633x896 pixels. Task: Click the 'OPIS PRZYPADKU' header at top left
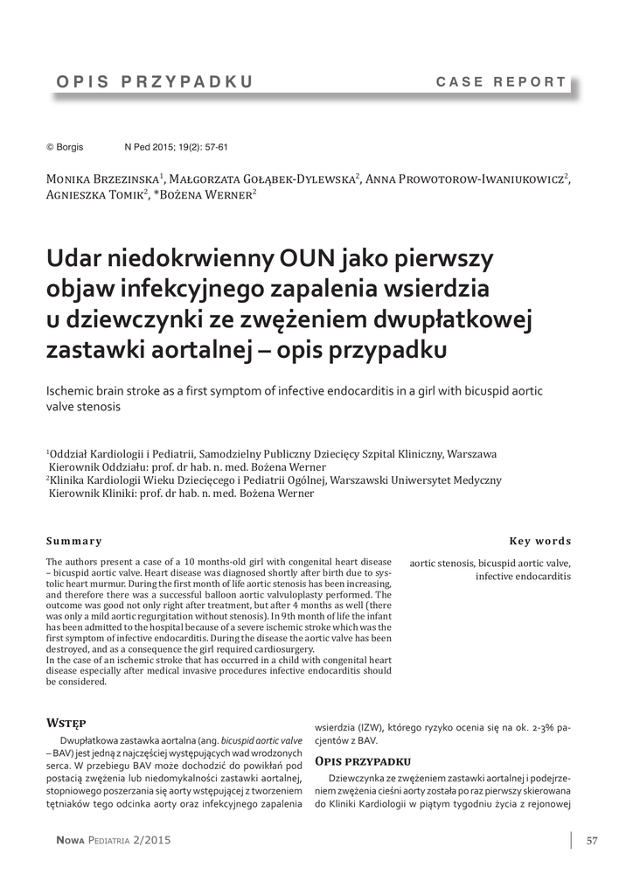coord(155,82)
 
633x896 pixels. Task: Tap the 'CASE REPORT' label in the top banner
coord(501,82)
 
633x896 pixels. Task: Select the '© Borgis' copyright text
coord(65,148)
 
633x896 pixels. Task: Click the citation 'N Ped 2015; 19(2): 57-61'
coord(177,148)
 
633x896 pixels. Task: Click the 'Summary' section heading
coord(74,541)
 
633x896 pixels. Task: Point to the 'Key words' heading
coord(540,541)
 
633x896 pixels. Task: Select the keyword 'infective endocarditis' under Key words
coord(523,577)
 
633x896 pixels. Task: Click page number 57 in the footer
coord(592,841)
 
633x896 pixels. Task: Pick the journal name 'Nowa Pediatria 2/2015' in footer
coord(114,841)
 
